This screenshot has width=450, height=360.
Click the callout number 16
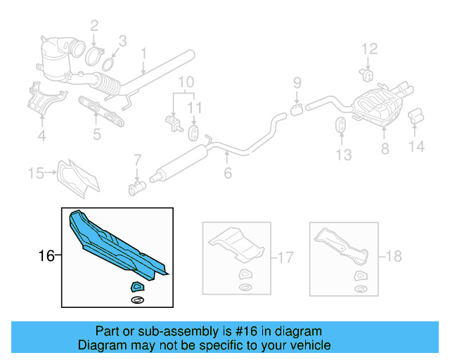coord(46,257)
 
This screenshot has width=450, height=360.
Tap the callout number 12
coord(369,49)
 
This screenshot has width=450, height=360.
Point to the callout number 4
coord(41,136)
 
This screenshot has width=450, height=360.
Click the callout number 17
coord(284,258)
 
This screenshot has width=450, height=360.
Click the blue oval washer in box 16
coord(137,301)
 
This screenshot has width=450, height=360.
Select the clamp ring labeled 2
coord(97,53)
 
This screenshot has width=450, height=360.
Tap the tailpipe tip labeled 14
coord(416,115)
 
